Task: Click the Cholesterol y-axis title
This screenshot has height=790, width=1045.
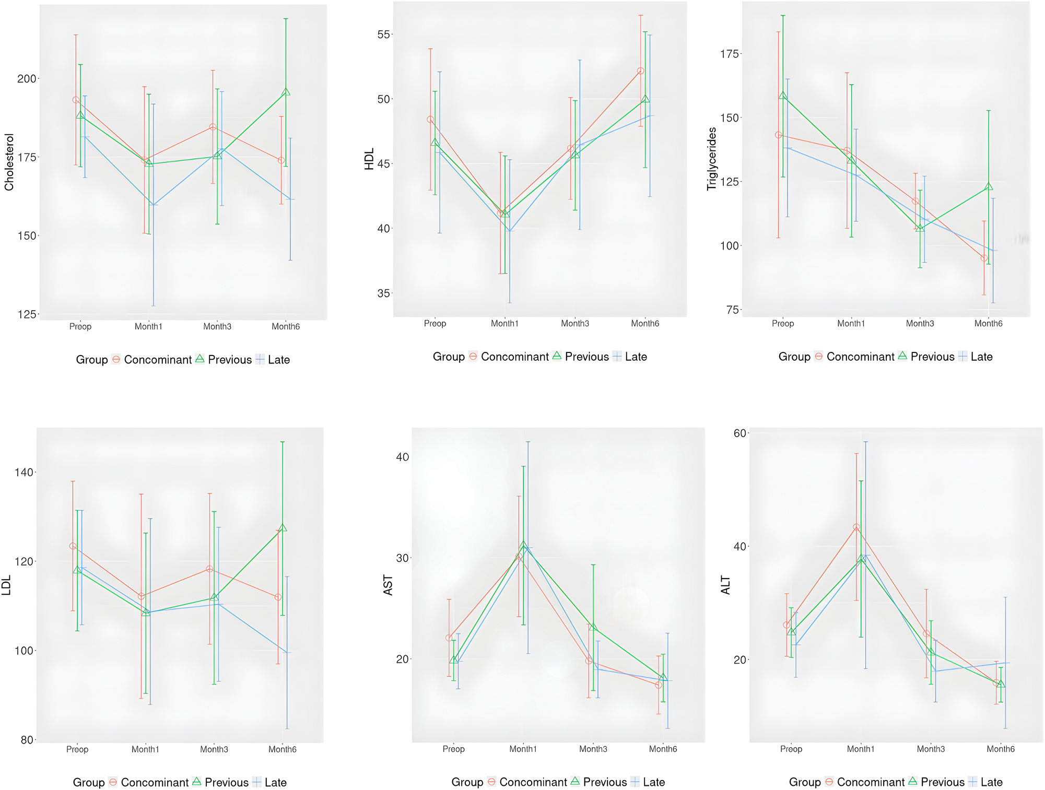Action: [9, 162]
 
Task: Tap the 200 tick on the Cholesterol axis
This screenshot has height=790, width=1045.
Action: [27, 79]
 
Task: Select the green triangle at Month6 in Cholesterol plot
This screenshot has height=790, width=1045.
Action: [286, 92]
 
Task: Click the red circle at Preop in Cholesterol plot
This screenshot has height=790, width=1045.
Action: [76, 100]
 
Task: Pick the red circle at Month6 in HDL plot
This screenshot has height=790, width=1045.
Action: [640, 71]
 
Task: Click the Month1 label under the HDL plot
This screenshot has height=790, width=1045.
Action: [504, 324]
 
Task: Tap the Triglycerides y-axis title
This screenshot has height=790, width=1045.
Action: [711, 159]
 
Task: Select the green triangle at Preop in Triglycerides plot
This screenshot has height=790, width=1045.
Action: [783, 96]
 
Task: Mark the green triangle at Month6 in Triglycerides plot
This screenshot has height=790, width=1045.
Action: [988, 187]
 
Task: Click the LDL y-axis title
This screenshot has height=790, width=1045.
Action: [7, 586]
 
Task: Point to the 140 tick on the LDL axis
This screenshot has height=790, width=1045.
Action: [24, 473]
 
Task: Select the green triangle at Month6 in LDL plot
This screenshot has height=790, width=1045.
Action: [283, 528]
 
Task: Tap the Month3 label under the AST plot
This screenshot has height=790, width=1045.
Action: [593, 749]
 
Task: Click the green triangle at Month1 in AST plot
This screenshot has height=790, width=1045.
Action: [523, 546]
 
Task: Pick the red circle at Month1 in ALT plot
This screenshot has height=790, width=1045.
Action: [856, 527]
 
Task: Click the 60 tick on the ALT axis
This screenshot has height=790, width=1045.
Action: [739, 433]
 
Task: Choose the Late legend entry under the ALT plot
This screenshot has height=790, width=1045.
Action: [991, 782]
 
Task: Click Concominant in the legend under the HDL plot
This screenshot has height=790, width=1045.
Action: [514, 357]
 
